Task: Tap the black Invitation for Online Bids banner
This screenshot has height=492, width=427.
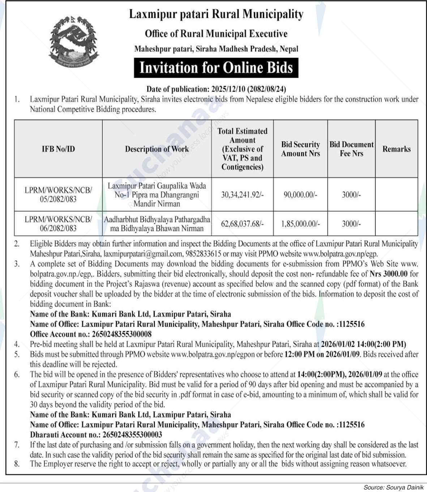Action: pyautogui.click(x=216, y=68)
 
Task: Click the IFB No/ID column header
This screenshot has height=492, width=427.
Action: pyautogui.click(x=58, y=149)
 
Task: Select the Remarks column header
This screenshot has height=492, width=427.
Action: pyautogui.click(x=396, y=149)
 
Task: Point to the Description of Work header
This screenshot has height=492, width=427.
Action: pyautogui.click(x=157, y=149)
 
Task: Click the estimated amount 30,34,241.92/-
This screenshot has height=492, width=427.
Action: pyautogui.click(x=242, y=195)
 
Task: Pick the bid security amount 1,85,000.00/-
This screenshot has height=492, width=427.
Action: pyautogui.click(x=300, y=224)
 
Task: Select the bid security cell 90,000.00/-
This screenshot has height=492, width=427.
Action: pyautogui.click(x=300, y=195)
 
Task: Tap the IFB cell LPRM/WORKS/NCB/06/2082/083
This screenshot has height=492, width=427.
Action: pyautogui.click(x=58, y=223)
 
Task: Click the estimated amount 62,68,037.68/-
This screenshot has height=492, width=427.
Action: pyautogui.click(x=242, y=224)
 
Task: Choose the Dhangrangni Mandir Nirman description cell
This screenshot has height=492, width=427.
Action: pyautogui.click(x=157, y=195)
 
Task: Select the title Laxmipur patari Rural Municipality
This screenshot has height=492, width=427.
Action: pyautogui.click(x=216, y=14)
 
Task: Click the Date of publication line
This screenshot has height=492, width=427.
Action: pyautogui.click(x=216, y=89)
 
